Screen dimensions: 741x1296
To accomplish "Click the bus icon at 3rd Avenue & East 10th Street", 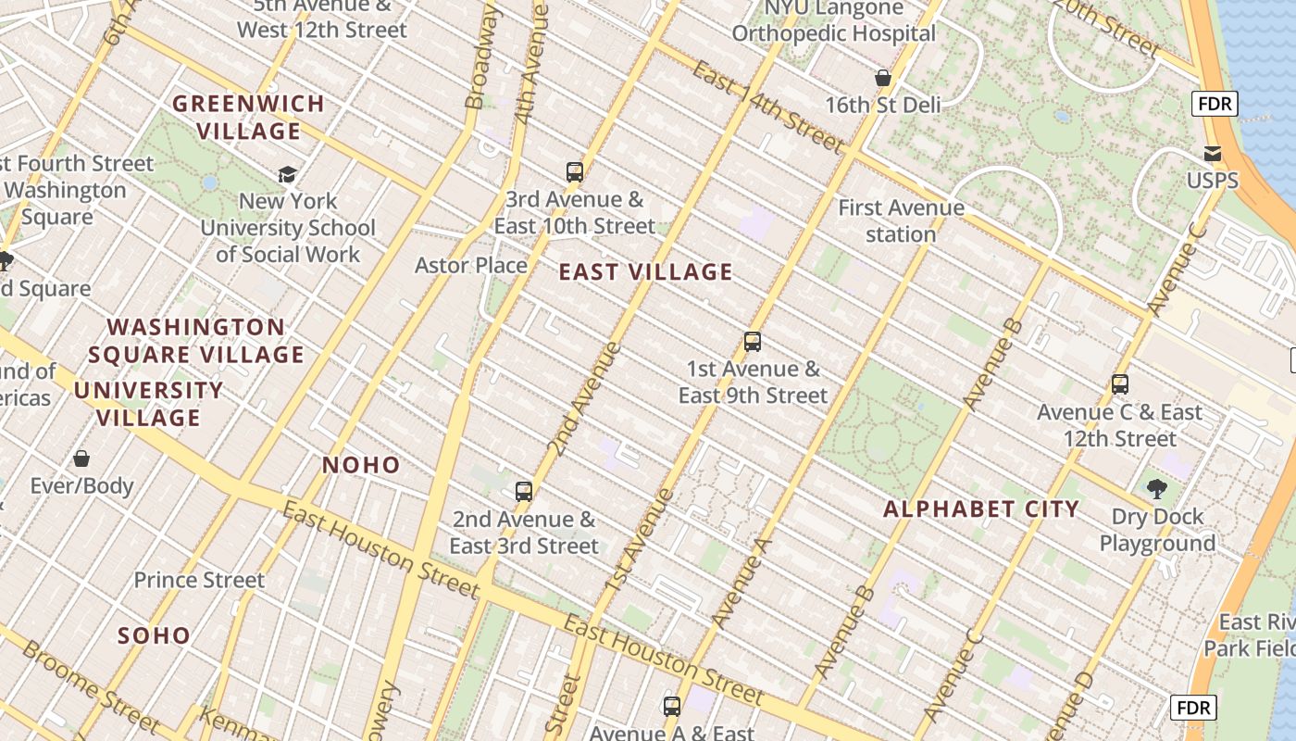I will pyautogui.click(x=575, y=171).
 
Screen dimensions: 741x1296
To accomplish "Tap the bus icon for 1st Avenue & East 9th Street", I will pyautogui.click(x=753, y=342).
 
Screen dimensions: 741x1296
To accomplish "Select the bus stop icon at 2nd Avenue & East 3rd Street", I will pyautogui.click(x=524, y=491).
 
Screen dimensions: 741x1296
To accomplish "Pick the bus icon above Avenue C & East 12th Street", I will pyautogui.click(x=1120, y=384).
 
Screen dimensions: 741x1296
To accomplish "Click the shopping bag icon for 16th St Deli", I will pyautogui.click(x=883, y=78).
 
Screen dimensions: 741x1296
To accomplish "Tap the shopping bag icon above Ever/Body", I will pyautogui.click(x=81, y=458).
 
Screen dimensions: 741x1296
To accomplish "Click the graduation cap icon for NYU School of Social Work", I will pyautogui.click(x=288, y=174).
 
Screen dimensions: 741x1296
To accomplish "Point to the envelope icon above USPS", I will pyautogui.click(x=1213, y=153).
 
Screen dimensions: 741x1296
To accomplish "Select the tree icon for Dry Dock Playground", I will pyautogui.click(x=1156, y=489).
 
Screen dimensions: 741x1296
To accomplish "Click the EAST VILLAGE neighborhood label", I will pyautogui.click(x=646, y=272).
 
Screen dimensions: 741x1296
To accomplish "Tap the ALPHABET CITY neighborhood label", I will pyautogui.click(x=981, y=509).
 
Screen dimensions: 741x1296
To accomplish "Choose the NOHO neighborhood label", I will pyautogui.click(x=361, y=465).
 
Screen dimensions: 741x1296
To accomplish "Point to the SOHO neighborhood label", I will pyautogui.click(x=155, y=635).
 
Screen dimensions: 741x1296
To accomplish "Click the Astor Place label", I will pyautogui.click(x=471, y=266).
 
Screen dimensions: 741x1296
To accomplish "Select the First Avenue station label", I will pyautogui.click(x=901, y=220).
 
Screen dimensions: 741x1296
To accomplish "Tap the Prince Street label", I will pyautogui.click(x=199, y=580).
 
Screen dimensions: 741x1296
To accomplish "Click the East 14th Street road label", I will pyautogui.click(x=767, y=107).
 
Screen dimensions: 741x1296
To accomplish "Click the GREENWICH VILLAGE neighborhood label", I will pyautogui.click(x=249, y=117).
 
